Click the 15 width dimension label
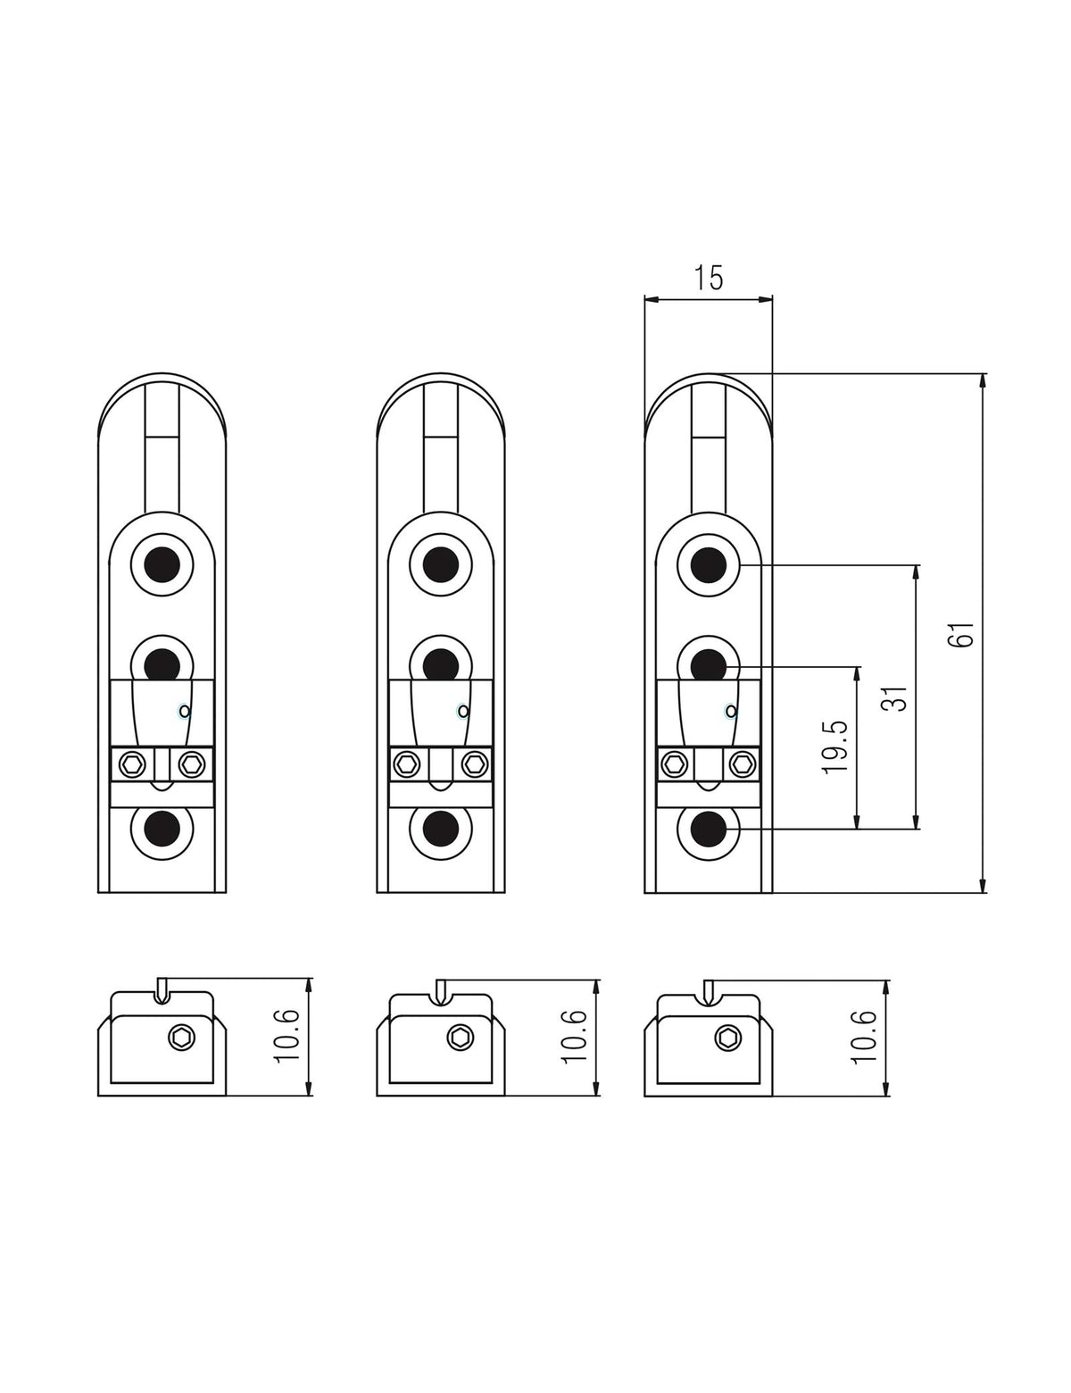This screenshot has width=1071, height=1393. (708, 278)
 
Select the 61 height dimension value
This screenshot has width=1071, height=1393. (960, 634)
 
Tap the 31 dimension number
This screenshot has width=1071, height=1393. (898, 697)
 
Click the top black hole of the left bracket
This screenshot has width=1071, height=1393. (162, 564)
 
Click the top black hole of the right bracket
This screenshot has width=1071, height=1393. (708, 564)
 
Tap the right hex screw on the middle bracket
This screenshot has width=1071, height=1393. (475, 763)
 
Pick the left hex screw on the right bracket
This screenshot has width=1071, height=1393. (675, 763)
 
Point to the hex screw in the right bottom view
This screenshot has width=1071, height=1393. (727, 1038)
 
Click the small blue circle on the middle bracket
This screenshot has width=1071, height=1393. (462, 712)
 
